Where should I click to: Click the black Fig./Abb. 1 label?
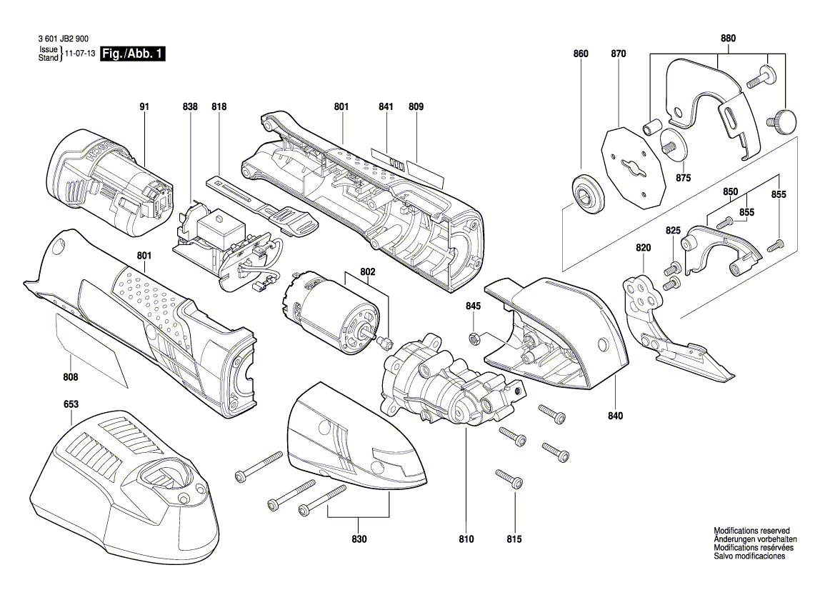(x=134, y=54)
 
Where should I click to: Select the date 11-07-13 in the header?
(x=80, y=54)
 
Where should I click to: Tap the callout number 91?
(x=144, y=107)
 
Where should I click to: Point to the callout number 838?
(x=190, y=107)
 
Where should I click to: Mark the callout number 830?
(x=359, y=539)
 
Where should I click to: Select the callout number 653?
(x=71, y=404)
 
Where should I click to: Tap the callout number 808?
(x=71, y=377)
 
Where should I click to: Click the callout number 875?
(x=684, y=178)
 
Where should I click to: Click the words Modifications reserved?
(x=751, y=531)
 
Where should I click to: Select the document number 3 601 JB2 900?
(x=66, y=42)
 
